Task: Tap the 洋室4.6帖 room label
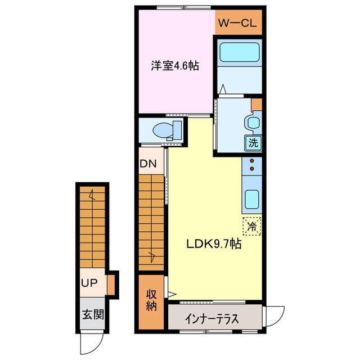[x=175, y=65]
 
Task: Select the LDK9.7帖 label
[x=214, y=244]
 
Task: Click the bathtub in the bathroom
[x=239, y=52]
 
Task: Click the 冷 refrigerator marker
[x=252, y=227]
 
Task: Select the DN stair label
[x=148, y=165]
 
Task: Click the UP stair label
[x=89, y=282]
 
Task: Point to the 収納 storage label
[x=151, y=300]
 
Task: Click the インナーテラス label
[x=211, y=318]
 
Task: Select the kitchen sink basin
[x=251, y=198]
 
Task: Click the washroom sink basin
[x=251, y=123]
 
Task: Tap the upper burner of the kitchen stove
[x=252, y=161]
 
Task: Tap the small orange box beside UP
[x=112, y=283]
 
